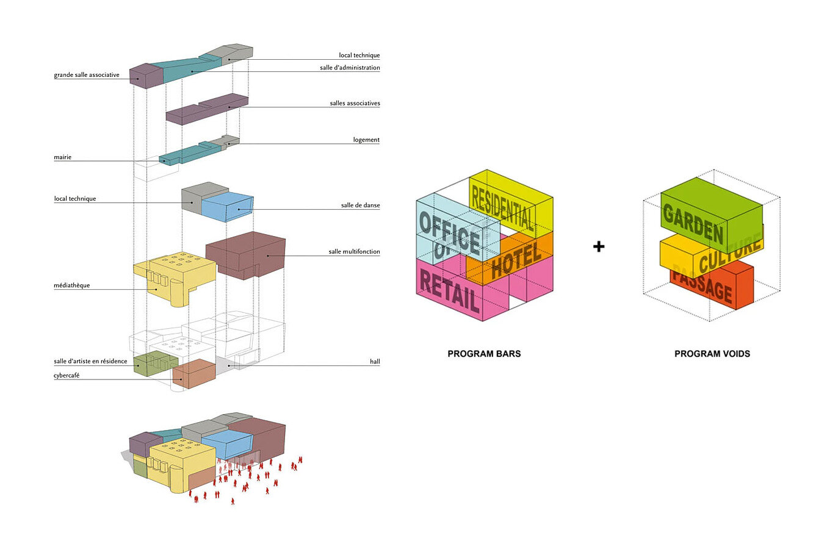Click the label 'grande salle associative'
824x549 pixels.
point(87,75)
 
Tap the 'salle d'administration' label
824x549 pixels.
point(350,68)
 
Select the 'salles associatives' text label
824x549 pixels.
point(355,104)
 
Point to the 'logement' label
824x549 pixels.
point(366,140)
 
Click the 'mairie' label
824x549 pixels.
point(63,157)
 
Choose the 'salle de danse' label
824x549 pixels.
point(360,206)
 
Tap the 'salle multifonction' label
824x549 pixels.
point(354,252)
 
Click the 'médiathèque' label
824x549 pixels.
point(72,285)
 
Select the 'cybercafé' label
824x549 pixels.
point(67,376)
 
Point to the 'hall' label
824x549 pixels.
point(375,362)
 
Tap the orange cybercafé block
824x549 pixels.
point(194,373)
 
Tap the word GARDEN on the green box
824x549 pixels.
point(693,223)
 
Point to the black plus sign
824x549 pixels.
point(599,246)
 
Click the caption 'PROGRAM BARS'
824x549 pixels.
point(484,354)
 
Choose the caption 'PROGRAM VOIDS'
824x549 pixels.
point(712,354)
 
